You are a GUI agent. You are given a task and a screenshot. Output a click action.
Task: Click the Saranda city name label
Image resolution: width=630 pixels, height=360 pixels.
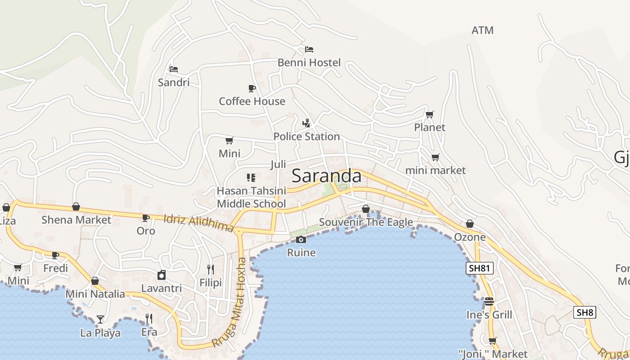pyautogui.click(x=326, y=176)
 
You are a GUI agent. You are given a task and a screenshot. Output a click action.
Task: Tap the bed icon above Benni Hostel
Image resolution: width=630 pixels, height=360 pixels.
pyautogui.click(x=309, y=49)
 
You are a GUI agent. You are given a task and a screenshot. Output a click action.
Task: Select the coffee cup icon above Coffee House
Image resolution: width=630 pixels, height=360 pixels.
pyautogui.click(x=252, y=88)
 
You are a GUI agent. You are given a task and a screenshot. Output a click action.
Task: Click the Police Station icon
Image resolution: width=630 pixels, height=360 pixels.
pyautogui.click(x=306, y=123)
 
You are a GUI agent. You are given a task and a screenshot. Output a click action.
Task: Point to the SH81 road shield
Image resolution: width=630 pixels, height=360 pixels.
pyautogui.click(x=479, y=269)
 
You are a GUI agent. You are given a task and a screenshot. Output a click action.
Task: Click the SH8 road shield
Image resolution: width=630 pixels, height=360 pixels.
pyautogui.click(x=585, y=312)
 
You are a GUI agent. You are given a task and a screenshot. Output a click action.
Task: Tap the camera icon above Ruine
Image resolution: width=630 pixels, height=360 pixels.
pyautogui.click(x=301, y=239)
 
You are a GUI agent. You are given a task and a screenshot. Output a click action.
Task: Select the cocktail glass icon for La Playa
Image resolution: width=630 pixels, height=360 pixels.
pyautogui.click(x=100, y=319)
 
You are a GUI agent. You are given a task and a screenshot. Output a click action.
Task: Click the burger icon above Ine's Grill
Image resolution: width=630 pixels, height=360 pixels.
pyautogui.click(x=489, y=301)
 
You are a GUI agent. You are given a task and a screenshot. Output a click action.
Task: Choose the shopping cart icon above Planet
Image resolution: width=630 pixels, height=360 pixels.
pyautogui.click(x=430, y=114)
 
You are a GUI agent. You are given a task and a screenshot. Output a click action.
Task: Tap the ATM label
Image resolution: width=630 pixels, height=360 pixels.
pyautogui.click(x=482, y=30)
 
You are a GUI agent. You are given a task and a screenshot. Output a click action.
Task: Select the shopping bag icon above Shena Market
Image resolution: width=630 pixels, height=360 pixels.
pyautogui.click(x=76, y=207)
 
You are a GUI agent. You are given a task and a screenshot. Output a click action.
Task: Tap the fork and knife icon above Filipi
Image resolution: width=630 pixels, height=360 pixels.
pyautogui.click(x=210, y=270)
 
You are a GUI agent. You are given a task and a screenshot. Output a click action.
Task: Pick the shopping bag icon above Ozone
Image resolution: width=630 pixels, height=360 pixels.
pyautogui.click(x=470, y=224)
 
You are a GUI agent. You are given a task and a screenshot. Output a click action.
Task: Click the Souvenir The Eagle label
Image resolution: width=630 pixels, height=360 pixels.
pyautogui.click(x=366, y=222)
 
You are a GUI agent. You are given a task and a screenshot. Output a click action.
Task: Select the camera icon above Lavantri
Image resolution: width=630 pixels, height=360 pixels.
pyautogui.click(x=162, y=275)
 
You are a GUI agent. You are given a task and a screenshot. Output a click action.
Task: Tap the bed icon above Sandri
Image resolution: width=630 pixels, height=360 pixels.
pyautogui.click(x=174, y=69)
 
